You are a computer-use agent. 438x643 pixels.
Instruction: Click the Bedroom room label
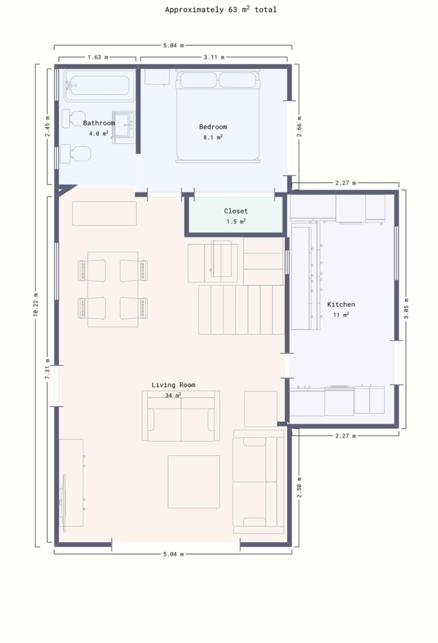point(213,127)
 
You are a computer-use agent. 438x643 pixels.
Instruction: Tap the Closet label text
point(235,211)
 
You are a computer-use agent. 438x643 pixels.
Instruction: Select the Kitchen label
point(341,304)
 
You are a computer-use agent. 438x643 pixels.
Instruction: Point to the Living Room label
point(173,385)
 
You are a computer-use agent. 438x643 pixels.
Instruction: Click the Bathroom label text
point(99,123)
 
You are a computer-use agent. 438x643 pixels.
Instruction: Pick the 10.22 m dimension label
point(36,305)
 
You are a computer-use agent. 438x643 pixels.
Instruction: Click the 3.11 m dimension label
point(214,57)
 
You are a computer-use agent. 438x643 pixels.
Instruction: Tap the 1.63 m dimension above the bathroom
point(98,57)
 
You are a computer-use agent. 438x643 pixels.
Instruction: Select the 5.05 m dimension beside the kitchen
point(406,309)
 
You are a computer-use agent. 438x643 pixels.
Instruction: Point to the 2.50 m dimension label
point(299,487)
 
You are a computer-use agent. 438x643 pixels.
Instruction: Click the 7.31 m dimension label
point(47,369)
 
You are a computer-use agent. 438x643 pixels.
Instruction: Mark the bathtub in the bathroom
point(99,85)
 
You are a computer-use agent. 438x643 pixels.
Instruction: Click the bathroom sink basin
point(123,125)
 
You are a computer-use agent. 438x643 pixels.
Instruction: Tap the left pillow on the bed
point(199,80)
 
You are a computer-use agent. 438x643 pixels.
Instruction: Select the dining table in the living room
point(113,289)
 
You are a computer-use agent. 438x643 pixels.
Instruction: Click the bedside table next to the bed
point(157,77)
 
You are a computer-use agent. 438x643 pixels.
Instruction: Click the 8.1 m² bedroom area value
point(213,137)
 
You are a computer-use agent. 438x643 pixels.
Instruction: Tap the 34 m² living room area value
point(173,395)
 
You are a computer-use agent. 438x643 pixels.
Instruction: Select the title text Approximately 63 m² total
point(221,10)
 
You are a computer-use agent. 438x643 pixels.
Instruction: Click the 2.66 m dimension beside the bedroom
point(299,126)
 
